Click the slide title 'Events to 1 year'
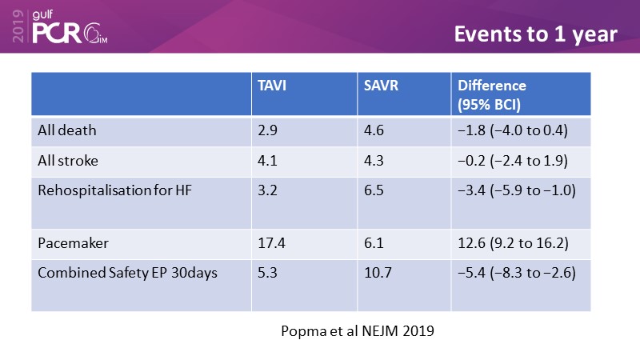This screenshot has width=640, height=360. (x=535, y=34)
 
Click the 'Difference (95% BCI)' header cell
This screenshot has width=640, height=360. (x=491, y=94)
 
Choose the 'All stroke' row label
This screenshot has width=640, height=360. (x=68, y=160)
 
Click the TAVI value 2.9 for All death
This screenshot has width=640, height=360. (x=266, y=129)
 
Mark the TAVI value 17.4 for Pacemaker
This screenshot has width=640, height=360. (x=270, y=241)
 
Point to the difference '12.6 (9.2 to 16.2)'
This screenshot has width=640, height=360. (x=513, y=241)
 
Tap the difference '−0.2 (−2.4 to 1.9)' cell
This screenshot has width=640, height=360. (x=513, y=160)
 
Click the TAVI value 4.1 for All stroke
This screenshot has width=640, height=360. (x=266, y=160)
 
